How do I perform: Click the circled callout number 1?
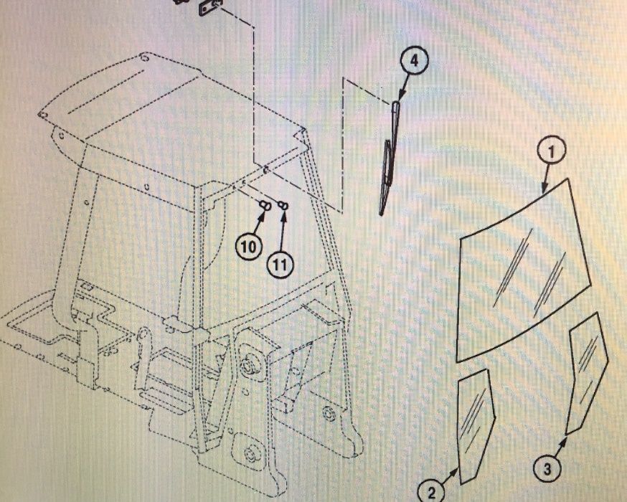point(551,151)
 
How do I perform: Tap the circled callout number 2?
point(430,492)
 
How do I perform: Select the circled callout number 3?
point(547,468)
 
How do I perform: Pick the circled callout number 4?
point(414,61)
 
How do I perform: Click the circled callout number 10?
point(248,246)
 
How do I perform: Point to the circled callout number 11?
point(280,264)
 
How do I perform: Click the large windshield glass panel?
point(524,270)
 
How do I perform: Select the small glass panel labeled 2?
point(476,426)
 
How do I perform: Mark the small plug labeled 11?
point(284,205)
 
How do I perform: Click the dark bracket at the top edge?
point(209,7)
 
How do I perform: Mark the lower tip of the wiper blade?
point(381,214)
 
